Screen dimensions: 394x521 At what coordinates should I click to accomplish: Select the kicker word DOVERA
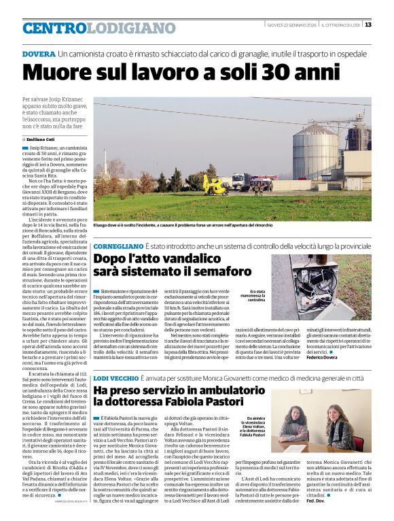point(39,53)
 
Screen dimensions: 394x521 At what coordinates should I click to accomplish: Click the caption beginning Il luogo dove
point(183,224)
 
